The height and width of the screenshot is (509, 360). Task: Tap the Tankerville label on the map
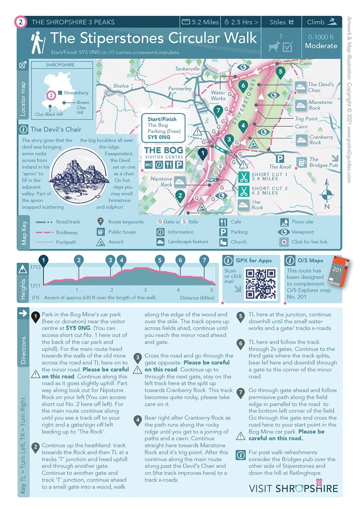[x=187, y=69]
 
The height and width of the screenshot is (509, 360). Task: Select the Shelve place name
[x=121, y=86]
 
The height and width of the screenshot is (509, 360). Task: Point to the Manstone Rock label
[x=320, y=105]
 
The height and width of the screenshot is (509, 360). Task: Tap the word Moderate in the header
[x=321, y=46]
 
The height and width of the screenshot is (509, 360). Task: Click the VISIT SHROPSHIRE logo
[x=293, y=488]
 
